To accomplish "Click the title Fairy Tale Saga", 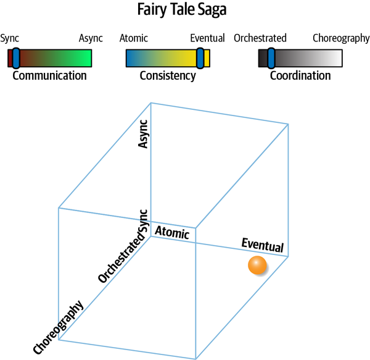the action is [x=184, y=11].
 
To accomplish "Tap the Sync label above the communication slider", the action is [x=10, y=38].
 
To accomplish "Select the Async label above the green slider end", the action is [x=91, y=38].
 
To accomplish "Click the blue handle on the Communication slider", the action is [x=16, y=58].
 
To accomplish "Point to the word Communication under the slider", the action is [x=49, y=76].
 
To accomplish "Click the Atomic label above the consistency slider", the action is [x=134, y=38].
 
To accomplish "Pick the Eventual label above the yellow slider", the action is [x=207, y=38].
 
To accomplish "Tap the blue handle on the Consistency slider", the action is [x=200, y=58].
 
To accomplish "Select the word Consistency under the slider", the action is [x=167, y=76].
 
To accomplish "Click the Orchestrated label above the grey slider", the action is [x=260, y=38].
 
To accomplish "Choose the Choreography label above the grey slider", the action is [x=340, y=38].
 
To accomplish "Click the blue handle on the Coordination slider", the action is [x=271, y=58].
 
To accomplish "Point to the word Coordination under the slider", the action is [x=300, y=76].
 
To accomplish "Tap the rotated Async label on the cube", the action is [x=144, y=134].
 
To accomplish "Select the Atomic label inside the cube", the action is [x=171, y=233].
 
